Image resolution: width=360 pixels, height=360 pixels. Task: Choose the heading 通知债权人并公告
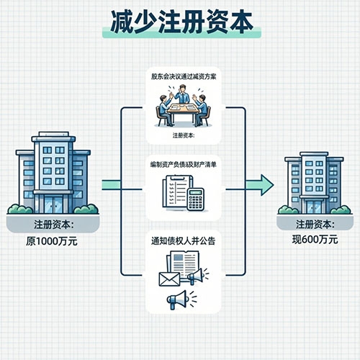coord(180,241)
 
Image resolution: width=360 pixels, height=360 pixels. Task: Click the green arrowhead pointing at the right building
coord(265,185)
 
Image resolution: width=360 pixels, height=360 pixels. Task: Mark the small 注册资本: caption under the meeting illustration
coord(180,135)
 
